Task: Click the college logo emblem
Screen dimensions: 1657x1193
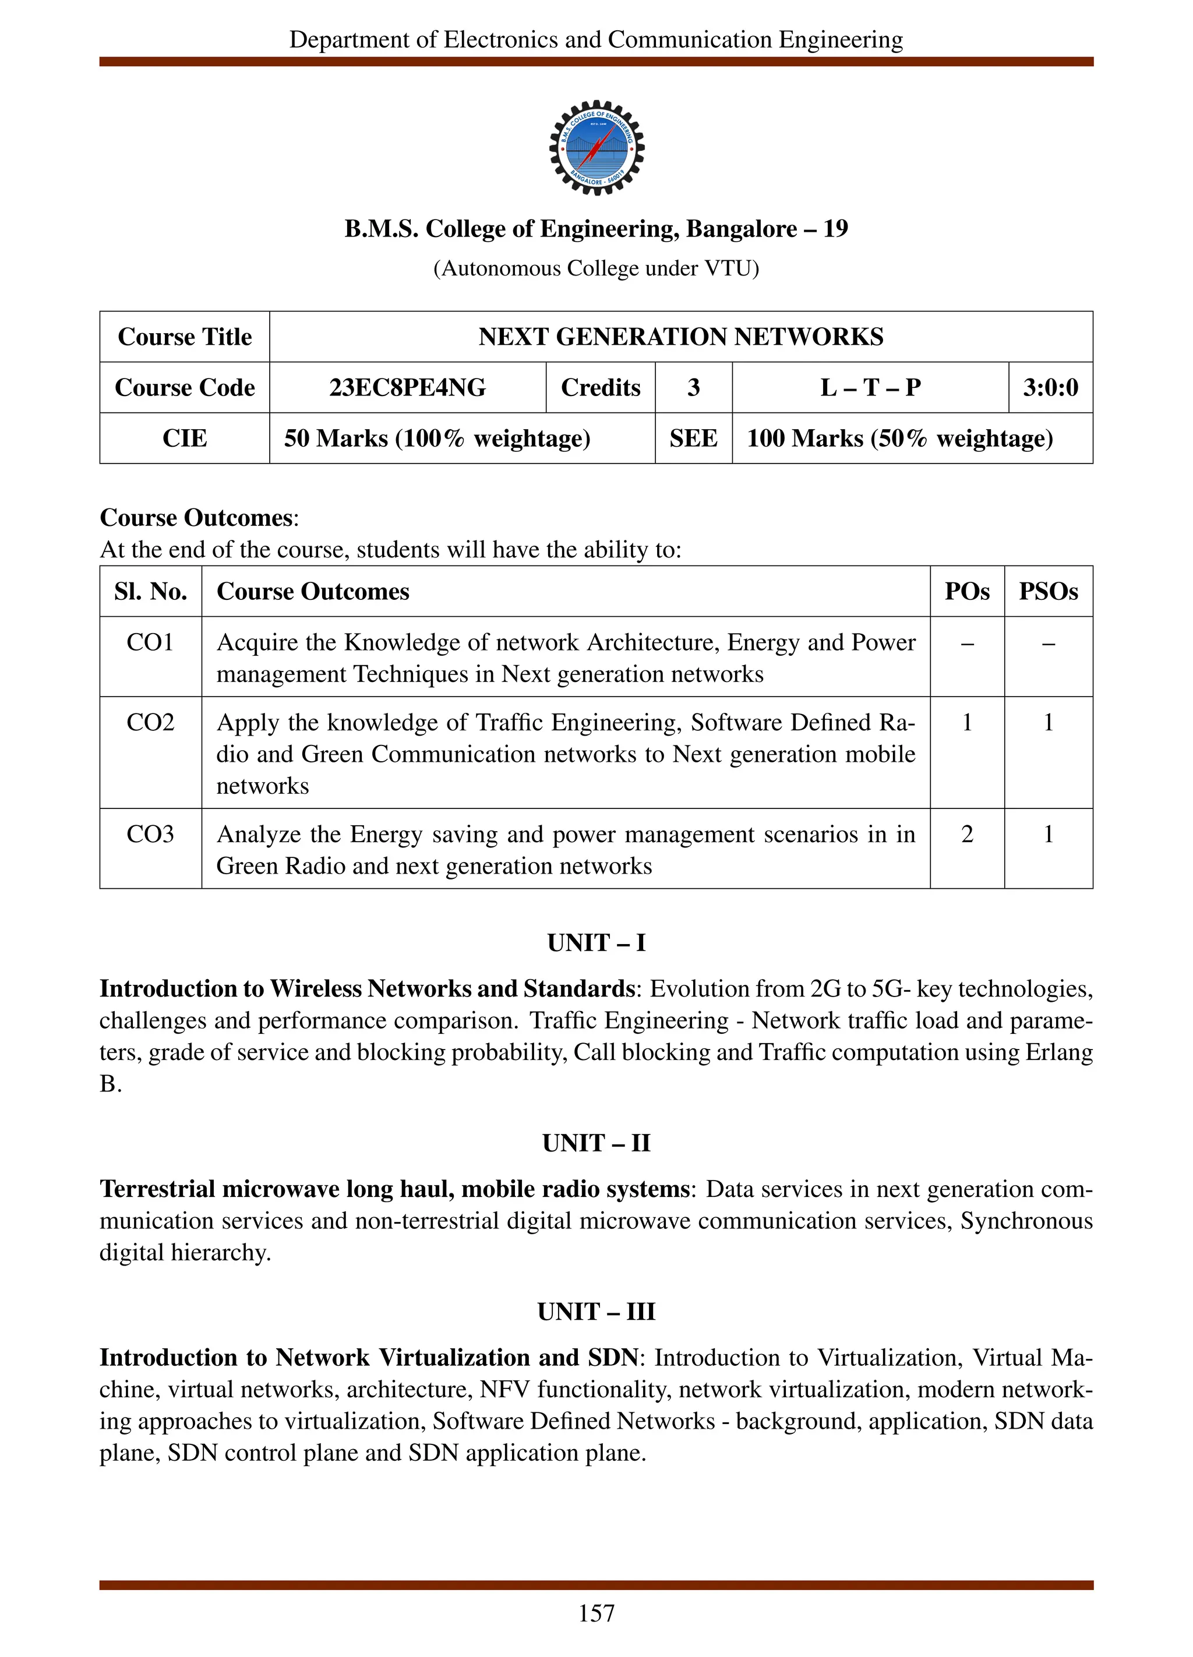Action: pos(596,147)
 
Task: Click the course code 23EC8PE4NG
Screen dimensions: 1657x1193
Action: pos(407,387)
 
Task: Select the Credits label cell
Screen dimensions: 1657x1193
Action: pos(600,387)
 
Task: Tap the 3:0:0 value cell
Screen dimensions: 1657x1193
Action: pos(1050,387)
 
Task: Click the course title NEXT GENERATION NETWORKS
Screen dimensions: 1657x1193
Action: pos(680,337)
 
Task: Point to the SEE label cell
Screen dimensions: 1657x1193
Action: pos(693,439)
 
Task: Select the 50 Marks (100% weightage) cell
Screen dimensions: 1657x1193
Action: pos(437,439)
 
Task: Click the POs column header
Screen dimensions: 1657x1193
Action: pos(966,591)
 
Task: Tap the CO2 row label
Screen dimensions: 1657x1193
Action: pos(150,722)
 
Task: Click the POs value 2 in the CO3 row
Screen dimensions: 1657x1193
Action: pos(966,833)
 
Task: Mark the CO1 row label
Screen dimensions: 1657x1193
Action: pos(150,642)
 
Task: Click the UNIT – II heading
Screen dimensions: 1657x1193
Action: pos(596,1143)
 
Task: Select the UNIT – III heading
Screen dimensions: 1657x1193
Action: pos(596,1312)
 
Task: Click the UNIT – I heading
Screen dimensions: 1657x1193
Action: pos(596,942)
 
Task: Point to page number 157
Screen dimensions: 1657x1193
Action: pos(596,1613)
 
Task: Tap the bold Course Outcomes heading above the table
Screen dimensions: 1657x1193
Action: pos(196,517)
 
